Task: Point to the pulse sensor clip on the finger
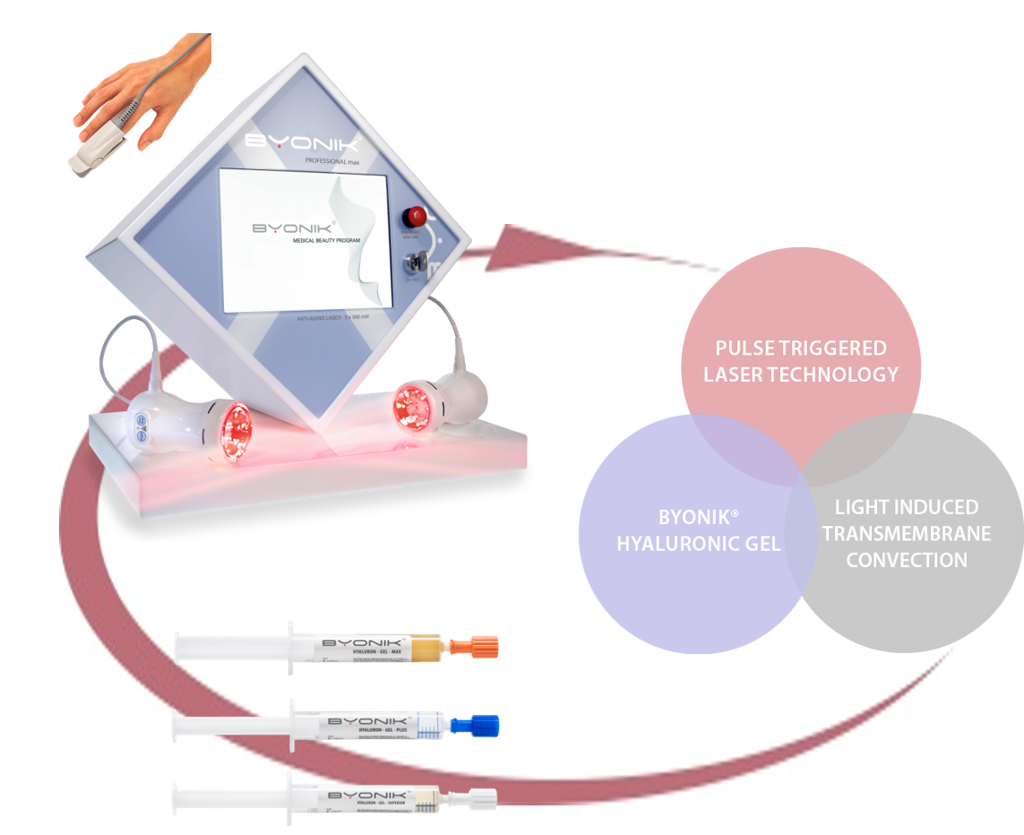(x=92, y=149)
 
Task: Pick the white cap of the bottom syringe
(x=478, y=796)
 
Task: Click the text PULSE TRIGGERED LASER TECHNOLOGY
(x=801, y=361)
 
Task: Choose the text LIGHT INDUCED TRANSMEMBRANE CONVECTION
(x=906, y=534)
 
